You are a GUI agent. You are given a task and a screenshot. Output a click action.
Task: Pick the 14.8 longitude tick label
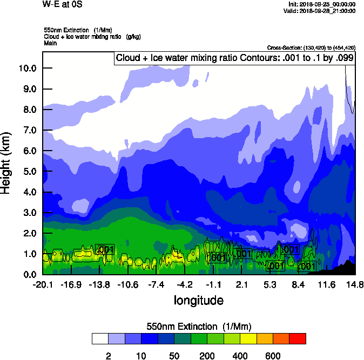coord(355,284)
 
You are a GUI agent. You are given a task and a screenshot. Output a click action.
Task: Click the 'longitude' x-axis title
coord(199,300)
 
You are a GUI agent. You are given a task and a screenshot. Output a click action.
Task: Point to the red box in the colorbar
coord(298,338)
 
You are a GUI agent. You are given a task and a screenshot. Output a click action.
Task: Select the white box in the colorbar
coord(100,338)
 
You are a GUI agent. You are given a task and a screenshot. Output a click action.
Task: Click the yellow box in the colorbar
coord(248,338)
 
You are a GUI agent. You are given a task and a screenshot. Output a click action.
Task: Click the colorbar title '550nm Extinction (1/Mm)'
coord(199,327)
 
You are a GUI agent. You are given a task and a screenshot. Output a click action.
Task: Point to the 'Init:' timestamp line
coord(322,4)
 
